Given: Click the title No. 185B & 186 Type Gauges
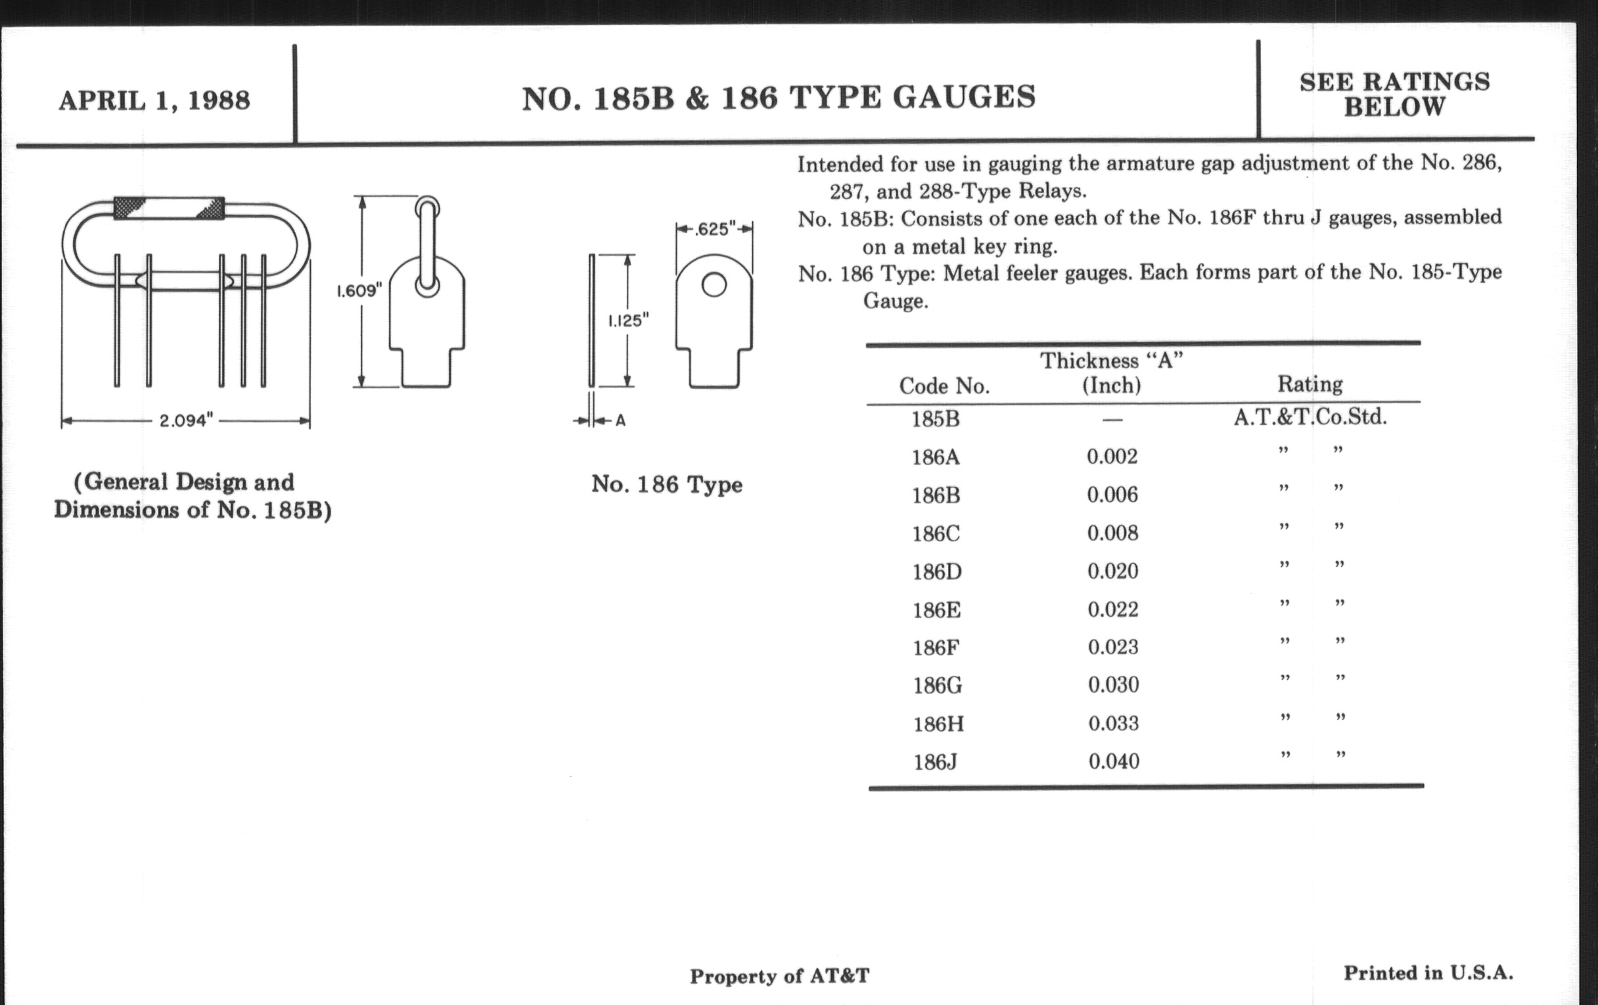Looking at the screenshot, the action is tap(779, 98).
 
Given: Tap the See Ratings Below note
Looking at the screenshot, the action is tap(1394, 94).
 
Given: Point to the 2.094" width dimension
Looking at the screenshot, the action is tap(186, 420).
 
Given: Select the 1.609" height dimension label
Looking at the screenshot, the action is tap(359, 290).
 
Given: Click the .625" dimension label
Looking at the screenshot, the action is tap(715, 229).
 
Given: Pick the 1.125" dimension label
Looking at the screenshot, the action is tap(628, 321).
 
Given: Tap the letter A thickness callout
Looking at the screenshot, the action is tap(620, 420).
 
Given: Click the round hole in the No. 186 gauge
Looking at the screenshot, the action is tap(714, 284).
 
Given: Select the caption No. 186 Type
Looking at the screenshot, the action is tap(666, 485).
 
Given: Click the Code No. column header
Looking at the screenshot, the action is tap(944, 386).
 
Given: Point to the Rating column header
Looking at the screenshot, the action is tap(1310, 384).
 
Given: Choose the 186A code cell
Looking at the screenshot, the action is tap(936, 457).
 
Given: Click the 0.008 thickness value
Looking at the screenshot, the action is tap(1112, 533).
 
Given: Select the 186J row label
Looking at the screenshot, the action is tap(935, 762).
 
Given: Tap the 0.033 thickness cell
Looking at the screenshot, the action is tap(1114, 723).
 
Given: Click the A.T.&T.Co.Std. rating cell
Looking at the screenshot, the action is tap(1310, 417).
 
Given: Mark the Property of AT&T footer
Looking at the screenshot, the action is tap(779, 976).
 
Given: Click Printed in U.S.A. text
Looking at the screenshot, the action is tap(1428, 973).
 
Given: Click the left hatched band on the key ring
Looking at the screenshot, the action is tap(129, 208).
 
